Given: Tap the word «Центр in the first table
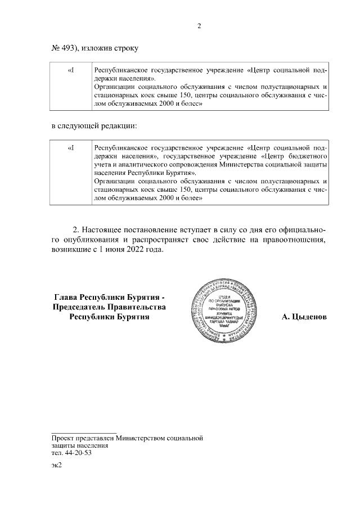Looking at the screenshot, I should [x=260, y=70].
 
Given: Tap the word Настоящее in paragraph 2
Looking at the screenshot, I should [x=107, y=230].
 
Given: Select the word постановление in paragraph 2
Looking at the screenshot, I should [x=164, y=230].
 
